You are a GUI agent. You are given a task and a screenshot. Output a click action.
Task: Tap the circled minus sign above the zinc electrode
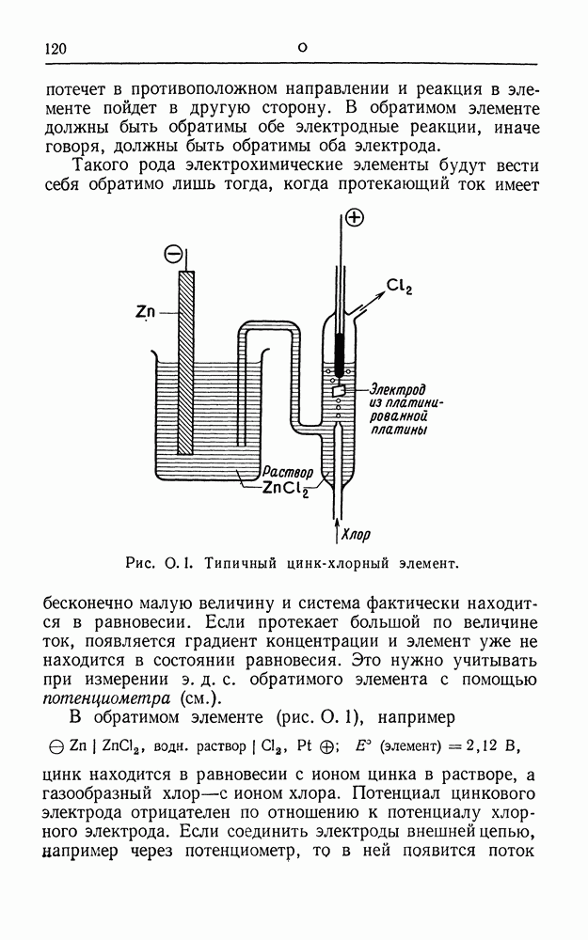click(x=174, y=253)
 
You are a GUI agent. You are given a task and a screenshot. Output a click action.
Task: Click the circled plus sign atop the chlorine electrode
click(x=355, y=218)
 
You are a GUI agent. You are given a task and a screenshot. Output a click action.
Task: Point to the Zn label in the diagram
click(x=145, y=311)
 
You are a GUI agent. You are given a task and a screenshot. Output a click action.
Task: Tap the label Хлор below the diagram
click(x=355, y=536)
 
